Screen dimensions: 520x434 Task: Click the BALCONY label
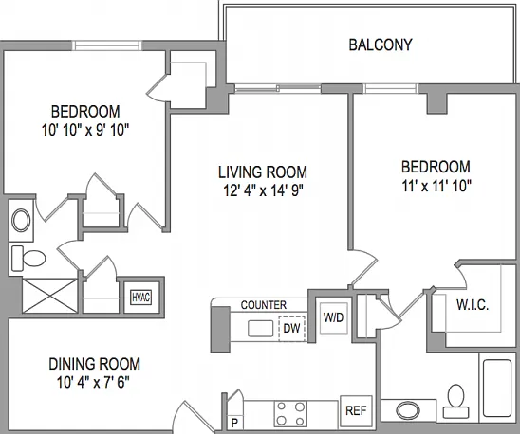[381, 45]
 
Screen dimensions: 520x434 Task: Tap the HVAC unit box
[141, 298]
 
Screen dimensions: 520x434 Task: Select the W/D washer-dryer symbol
[334, 317]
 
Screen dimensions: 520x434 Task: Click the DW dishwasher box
[292, 328]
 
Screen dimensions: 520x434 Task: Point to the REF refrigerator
[356, 411]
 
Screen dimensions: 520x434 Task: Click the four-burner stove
[290, 413]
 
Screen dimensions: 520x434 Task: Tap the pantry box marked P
[234, 423]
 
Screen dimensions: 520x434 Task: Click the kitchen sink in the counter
[260, 328]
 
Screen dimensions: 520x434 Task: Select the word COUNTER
[263, 305]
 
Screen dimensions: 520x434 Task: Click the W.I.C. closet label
[473, 304]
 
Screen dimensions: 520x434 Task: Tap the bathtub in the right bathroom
[497, 388]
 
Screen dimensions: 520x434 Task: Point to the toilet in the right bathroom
[456, 401]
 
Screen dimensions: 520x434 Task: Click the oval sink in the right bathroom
[408, 411]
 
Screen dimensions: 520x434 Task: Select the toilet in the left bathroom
[28, 258]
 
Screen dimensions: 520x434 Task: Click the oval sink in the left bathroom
[21, 220]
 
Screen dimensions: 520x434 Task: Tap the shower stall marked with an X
[49, 296]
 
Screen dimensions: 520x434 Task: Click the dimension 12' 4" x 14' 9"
[264, 190]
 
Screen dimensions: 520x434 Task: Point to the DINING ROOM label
[95, 364]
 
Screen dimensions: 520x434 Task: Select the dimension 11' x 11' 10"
[436, 186]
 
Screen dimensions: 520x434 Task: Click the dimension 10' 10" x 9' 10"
[85, 130]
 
